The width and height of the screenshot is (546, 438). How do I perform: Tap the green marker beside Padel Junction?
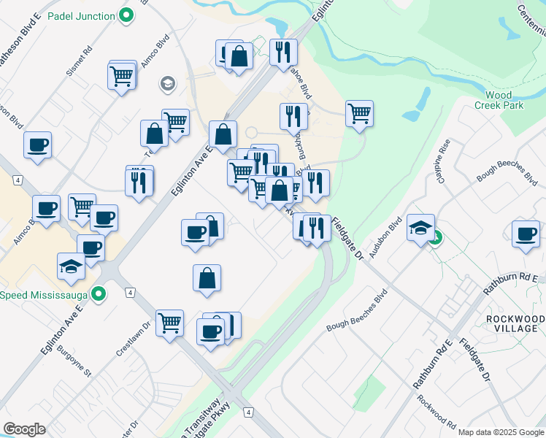[126, 15]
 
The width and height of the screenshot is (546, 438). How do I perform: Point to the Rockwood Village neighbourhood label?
[514, 324]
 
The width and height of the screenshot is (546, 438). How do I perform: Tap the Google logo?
[24, 429]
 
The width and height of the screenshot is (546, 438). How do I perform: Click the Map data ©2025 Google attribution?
[501, 432]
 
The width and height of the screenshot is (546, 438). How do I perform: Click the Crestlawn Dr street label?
[127, 335]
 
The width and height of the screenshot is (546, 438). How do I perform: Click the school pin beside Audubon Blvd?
[420, 228]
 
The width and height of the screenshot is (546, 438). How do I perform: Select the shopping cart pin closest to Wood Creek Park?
[359, 113]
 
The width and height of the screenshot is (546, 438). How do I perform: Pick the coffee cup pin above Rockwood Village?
[526, 234]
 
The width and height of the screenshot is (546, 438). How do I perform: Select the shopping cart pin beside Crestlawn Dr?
[169, 321]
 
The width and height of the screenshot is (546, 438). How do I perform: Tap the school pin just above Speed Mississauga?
[71, 266]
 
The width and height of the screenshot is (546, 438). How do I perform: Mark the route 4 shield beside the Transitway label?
[249, 412]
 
